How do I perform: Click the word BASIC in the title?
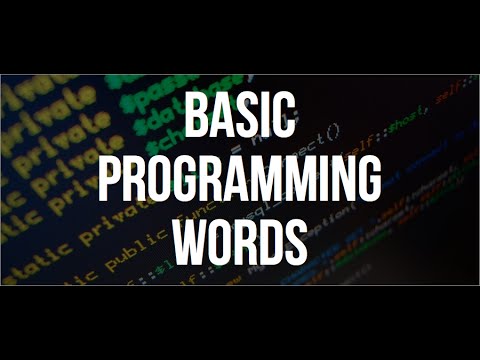coord(239,117)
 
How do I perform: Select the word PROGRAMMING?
coord(241,178)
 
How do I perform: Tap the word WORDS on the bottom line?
coord(240,237)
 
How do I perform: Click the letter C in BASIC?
coord(284,117)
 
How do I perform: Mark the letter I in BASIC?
coord(266,117)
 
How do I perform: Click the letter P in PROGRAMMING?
coord(110,178)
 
